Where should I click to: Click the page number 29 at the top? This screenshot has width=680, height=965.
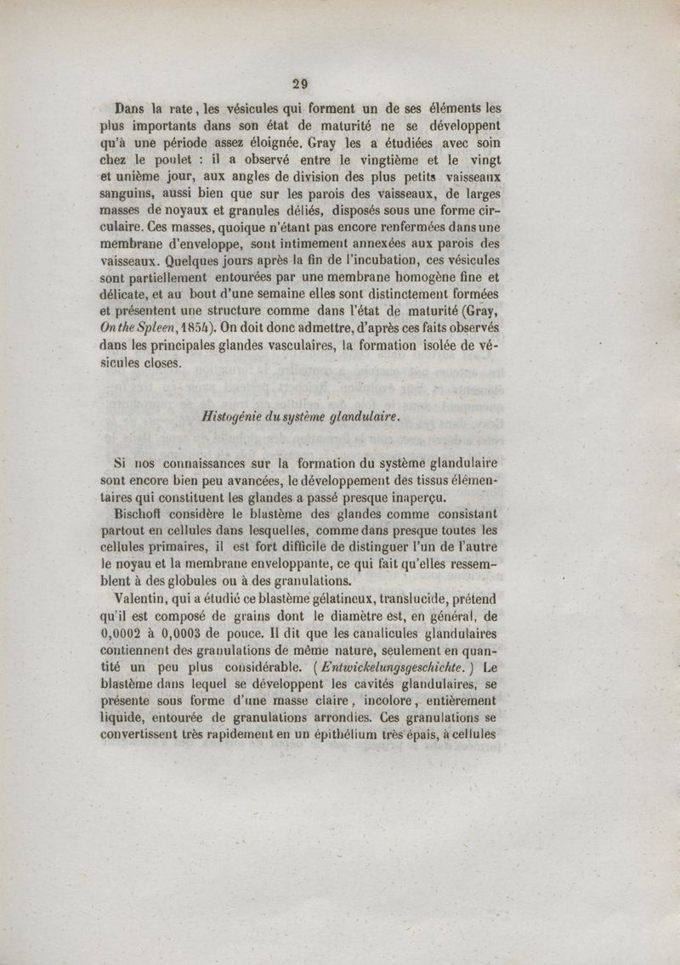(298, 83)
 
